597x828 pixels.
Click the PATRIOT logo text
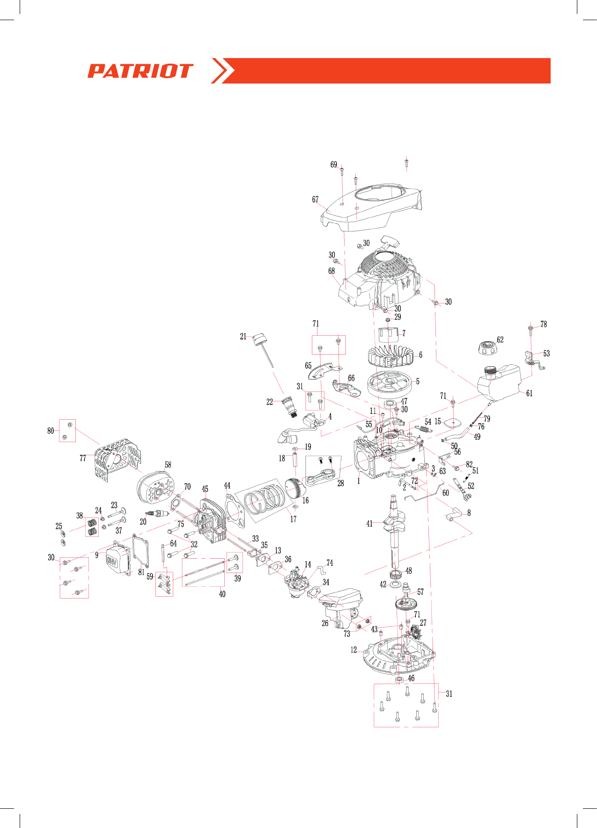pos(140,71)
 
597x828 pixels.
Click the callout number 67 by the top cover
pos(315,200)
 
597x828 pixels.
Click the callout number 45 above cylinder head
pos(205,489)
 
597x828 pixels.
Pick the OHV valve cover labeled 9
pos(116,560)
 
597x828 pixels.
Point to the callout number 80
pos(51,431)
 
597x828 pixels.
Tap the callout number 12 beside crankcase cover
pos(354,650)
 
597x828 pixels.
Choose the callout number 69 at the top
pos(333,164)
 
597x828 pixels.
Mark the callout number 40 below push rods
pos(222,594)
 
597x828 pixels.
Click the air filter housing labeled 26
pos(342,604)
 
